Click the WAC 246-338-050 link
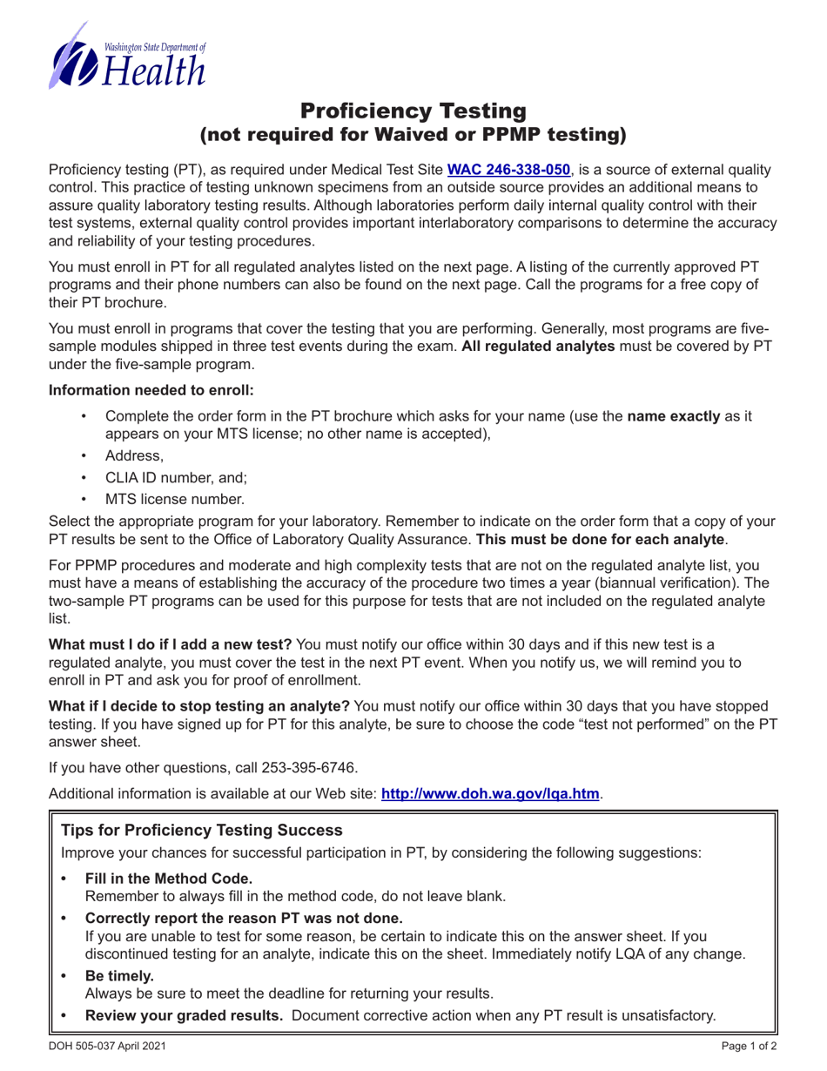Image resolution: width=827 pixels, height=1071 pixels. (508, 171)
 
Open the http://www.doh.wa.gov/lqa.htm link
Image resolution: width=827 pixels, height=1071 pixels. (490, 793)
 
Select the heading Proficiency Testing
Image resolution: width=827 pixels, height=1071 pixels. (413, 111)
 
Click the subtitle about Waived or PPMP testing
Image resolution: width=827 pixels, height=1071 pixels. (413, 134)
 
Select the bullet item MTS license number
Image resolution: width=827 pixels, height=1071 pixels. (175, 499)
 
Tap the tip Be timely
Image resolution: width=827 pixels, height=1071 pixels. (118, 975)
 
